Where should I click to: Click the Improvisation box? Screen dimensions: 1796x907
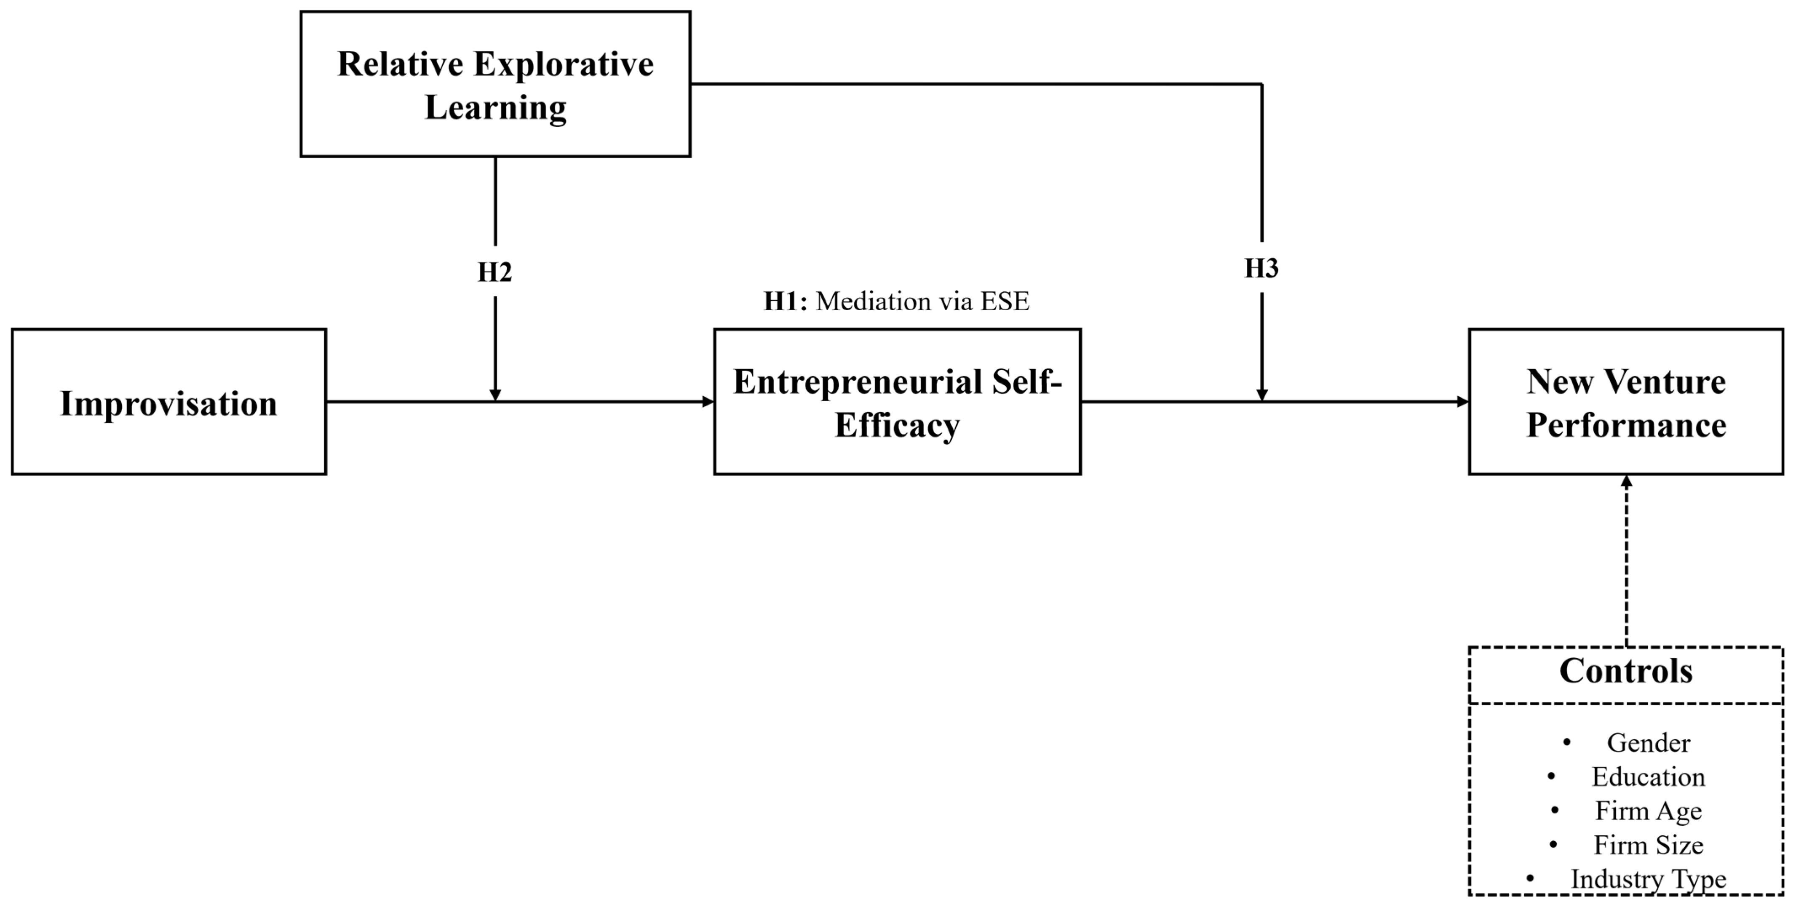[x=169, y=402]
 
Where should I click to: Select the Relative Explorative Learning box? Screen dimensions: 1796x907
[x=495, y=84]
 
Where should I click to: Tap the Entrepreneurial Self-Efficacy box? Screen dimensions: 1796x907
[x=897, y=402]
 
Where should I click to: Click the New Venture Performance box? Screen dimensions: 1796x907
[x=1626, y=402]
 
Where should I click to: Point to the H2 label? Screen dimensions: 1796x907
[x=495, y=272]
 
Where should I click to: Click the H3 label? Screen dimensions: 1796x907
[x=1261, y=268]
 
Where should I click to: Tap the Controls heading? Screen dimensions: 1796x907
[x=1626, y=671]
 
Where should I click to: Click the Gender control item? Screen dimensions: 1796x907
[x=1648, y=743]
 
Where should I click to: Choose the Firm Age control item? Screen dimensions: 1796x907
[x=1648, y=811]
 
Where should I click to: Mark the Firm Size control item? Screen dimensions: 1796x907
[x=1648, y=845]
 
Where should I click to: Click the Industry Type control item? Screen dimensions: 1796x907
[x=1648, y=880]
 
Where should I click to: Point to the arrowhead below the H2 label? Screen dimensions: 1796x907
[x=495, y=395]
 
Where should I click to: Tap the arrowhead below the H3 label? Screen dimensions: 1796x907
[x=1261, y=395]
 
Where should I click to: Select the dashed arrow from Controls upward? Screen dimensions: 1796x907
[x=1626, y=561]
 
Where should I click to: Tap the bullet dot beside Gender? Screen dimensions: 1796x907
[x=1566, y=742]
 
